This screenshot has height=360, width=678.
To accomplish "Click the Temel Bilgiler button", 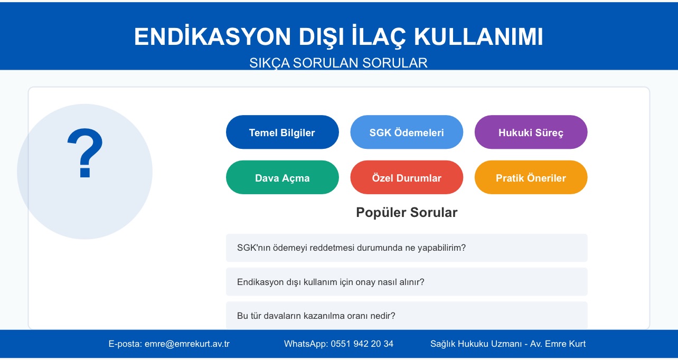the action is tap(282, 132).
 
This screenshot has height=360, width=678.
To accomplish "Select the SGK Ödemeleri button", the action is tap(407, 132).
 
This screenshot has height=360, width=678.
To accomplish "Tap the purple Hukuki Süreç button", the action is tap(531, 132).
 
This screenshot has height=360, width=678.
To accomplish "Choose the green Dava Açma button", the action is tap(282, 177).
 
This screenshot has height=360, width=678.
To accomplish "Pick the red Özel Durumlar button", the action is tap(407, 177).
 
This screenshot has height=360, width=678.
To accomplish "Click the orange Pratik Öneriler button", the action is tap(531, 177).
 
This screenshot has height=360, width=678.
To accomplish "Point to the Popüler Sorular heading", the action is tap(407, 212).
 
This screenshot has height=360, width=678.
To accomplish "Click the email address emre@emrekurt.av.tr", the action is tap(187, 344).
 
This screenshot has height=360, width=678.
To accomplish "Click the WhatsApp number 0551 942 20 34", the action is tap(362, 344).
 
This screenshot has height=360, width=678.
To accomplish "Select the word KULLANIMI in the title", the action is tap(478, 37).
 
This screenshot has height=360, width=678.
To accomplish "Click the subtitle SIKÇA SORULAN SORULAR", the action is tap(338, 63).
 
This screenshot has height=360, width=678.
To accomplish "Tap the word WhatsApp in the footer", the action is tap(306, 344).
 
